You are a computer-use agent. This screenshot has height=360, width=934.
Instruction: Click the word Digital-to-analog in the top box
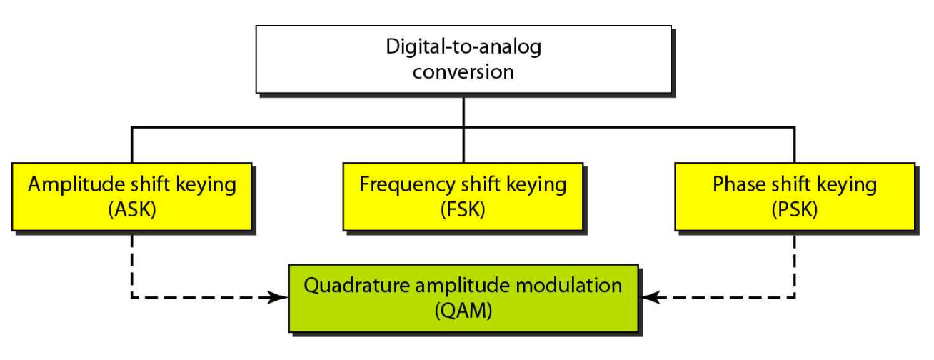[x=463, y=49]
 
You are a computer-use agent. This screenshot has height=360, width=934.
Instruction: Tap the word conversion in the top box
[x=463, y=71]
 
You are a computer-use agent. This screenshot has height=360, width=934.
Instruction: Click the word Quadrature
[x=351, y=286]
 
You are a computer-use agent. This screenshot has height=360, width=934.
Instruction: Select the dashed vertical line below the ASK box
[x=131, y=264]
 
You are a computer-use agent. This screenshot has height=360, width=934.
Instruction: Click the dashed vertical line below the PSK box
[x=794, y=264]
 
